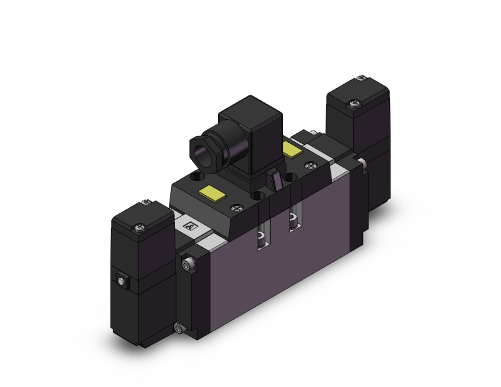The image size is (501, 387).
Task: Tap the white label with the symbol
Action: pyautogui.click(x=189, y=227)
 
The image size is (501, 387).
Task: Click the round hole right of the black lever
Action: pyautogui.click(x=291, y=178)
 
